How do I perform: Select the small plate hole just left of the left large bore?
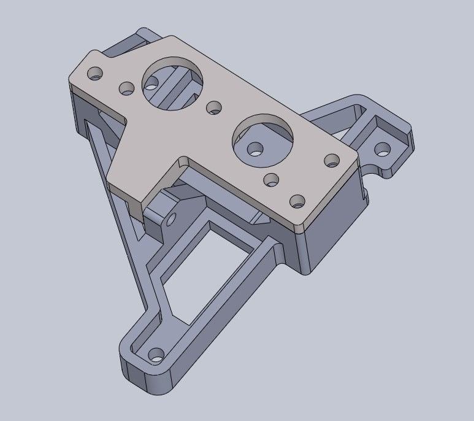pyautogui.click(x=127, y=88)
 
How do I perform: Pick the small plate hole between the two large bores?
pyautogui.click(x=214, y=108)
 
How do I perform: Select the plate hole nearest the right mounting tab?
pyautogui.click(x=332, y=160)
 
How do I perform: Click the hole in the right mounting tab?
pyautogui.click(x=382, y=149)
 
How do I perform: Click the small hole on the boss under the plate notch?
pyautogui.click(x=171, y=218)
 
